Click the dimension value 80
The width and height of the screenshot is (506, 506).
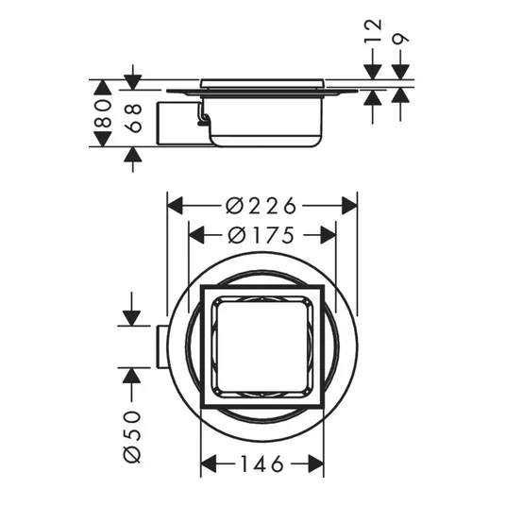click(x=103, y=113)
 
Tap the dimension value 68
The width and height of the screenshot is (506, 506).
click(x=133, y=118)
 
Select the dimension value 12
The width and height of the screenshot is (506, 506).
click(x=373, y=30)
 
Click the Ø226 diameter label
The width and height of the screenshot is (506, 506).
click(x=261, y=206)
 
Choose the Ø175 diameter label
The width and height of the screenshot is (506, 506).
click(x=261, y=235)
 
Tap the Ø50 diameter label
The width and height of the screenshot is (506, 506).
click(x=132, y=437)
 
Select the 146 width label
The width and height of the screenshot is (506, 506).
click(x=262, y=464)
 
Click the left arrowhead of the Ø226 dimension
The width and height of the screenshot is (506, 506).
click(x=176, y=206)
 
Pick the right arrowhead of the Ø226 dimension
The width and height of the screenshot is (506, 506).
click(x=349, y=206)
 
